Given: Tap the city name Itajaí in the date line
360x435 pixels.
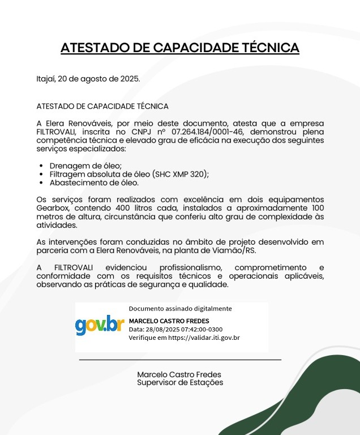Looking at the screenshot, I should point(46,79).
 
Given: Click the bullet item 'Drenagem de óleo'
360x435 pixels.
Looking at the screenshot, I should point(82,165).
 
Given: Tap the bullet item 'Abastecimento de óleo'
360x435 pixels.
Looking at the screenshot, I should point(94,182).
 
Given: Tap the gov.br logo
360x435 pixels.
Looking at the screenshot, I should point(100,325).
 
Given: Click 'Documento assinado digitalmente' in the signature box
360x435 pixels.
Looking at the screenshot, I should point(180,309).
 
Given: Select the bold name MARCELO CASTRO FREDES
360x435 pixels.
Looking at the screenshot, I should point(169,321).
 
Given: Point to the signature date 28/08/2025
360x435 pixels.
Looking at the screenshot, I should point(164,330).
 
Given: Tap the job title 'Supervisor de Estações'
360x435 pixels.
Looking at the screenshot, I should point(179,383).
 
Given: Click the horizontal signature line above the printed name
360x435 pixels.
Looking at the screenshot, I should point(180,360).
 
